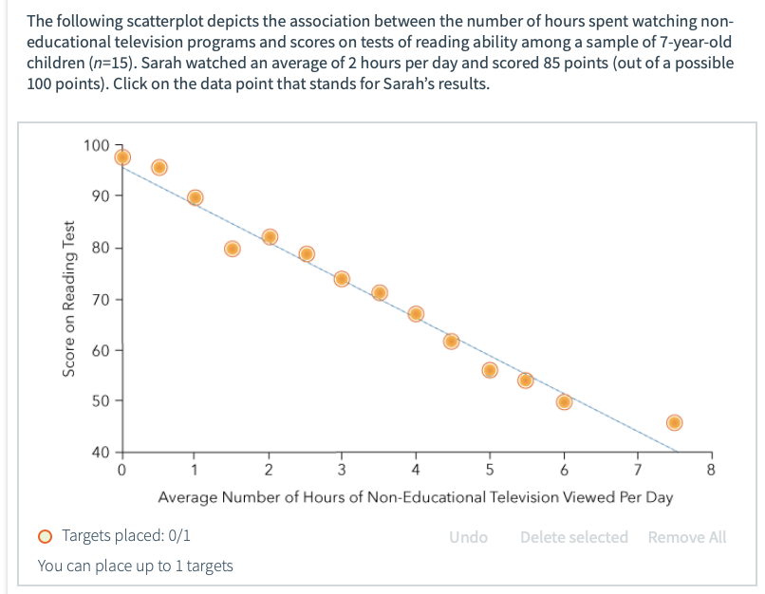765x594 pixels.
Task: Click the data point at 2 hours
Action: (270, 237)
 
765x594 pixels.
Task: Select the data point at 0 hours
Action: (122, 158)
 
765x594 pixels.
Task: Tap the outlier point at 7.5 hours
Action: (675, 422)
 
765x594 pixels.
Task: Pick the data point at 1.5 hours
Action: (233, 249)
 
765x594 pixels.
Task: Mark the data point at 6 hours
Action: (564, 401)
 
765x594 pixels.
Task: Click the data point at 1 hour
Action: (196, 197)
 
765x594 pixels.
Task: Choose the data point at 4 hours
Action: (416, 314)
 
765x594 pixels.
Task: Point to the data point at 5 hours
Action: (490, 370)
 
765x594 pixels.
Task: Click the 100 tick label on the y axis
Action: (96, 145)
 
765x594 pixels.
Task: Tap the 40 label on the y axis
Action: (100, 452)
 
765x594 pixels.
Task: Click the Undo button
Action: (469, 537)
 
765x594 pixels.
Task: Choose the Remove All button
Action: (686, 537)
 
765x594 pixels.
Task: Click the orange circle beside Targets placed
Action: (46, 537)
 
